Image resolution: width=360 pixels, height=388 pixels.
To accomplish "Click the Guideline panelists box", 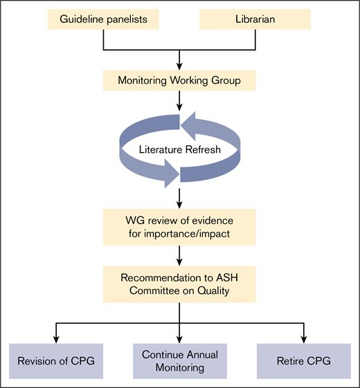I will click(102, 19).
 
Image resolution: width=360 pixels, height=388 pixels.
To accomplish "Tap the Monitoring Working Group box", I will click(180, 80).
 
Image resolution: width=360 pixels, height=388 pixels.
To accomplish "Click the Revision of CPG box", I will click(57, 360).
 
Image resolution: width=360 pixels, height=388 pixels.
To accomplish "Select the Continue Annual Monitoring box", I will click(180, 360).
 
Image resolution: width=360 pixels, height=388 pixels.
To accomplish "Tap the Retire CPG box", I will click(303, 360).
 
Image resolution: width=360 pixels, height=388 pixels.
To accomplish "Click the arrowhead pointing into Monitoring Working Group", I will click(180, 65).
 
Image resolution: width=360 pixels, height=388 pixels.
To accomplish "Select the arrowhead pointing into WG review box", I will click(180, 205).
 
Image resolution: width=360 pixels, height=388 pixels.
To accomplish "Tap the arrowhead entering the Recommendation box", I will click(180, 264).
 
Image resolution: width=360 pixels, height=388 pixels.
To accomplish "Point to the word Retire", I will click(290, 360).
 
